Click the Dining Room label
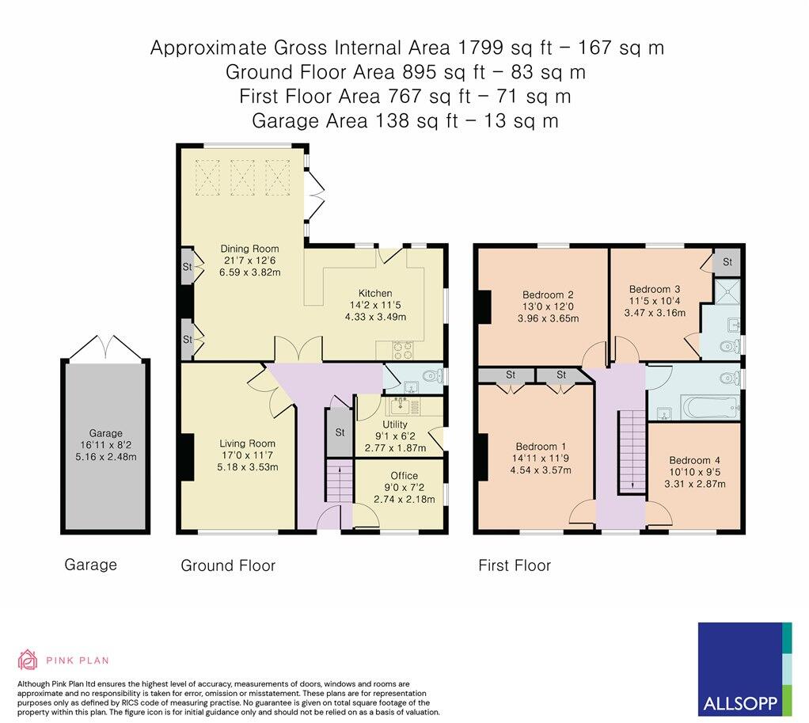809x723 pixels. [249, 249]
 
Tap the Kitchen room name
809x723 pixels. [375, 293]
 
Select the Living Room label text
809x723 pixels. [247, 443]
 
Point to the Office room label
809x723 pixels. [404, 476]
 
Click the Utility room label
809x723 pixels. [395, 424]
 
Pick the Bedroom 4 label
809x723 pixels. [694, 460]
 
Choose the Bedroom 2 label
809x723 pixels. [548, 295]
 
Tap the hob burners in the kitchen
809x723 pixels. [402, 351]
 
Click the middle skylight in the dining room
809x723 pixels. [242, 177]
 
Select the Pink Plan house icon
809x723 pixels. [28, 660]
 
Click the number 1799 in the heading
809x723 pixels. [480, 48]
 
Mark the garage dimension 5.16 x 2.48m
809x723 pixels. [106, 457]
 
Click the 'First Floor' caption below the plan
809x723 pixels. [515, 565]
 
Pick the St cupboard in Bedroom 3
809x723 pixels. [727, 262]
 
